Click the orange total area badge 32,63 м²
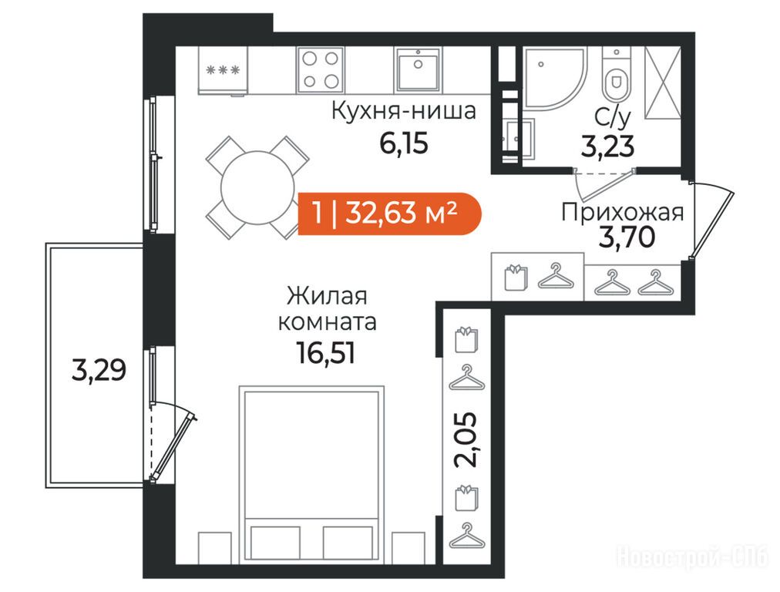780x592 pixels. (390, 213)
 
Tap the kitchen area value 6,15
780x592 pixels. (403, 144)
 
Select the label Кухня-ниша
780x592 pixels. (403, 111)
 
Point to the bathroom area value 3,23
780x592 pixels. (607, 146)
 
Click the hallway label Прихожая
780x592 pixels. (622, 213)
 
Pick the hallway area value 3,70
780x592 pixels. (627, 237)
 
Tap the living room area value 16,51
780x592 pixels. (326, 353)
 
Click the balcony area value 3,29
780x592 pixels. (99, 370)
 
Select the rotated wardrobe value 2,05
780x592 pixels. (466, 439)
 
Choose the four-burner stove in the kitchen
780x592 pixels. (321, 70)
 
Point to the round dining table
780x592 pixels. (258, 187)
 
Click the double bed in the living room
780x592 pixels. (311, 474)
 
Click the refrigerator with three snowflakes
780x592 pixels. (222, 71)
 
